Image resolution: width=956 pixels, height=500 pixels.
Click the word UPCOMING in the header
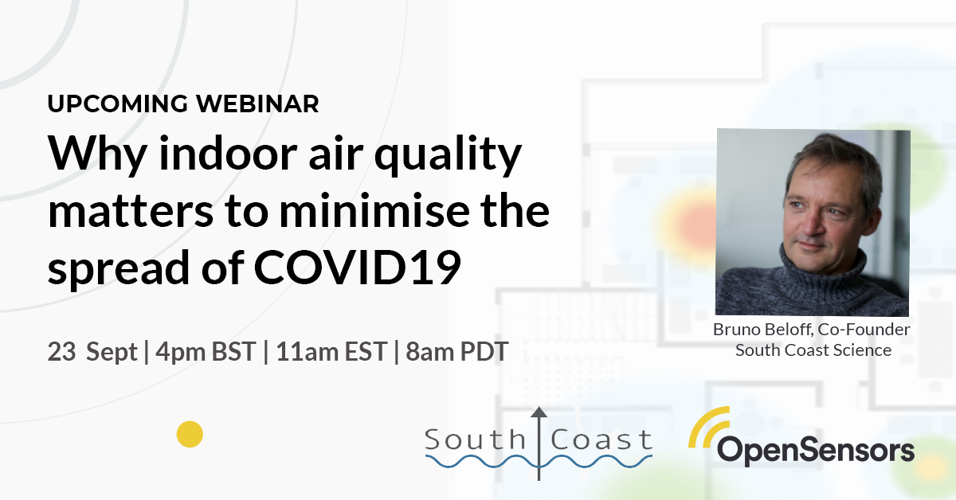(117, 104)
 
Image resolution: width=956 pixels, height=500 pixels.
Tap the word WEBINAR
(257, 104)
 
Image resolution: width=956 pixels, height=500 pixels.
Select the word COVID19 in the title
(357, 268)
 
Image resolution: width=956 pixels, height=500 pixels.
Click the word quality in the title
(448, 154)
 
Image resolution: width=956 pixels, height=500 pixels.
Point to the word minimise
(374, 210)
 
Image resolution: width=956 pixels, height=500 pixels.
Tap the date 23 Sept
(92, 352)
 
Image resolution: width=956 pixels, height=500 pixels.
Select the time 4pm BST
(206, 352)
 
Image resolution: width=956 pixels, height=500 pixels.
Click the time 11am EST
(331, 352)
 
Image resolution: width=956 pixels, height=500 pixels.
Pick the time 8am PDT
(456, 352)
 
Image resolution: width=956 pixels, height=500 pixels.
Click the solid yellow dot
(190, 434)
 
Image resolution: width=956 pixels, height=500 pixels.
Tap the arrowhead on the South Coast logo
(539, 412)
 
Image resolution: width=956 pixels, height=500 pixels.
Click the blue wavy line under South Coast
(539, 461)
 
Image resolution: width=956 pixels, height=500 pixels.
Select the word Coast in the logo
(601, 439)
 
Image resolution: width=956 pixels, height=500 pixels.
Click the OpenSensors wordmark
(816, 450)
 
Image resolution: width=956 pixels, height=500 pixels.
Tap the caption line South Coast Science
(813, 350)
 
